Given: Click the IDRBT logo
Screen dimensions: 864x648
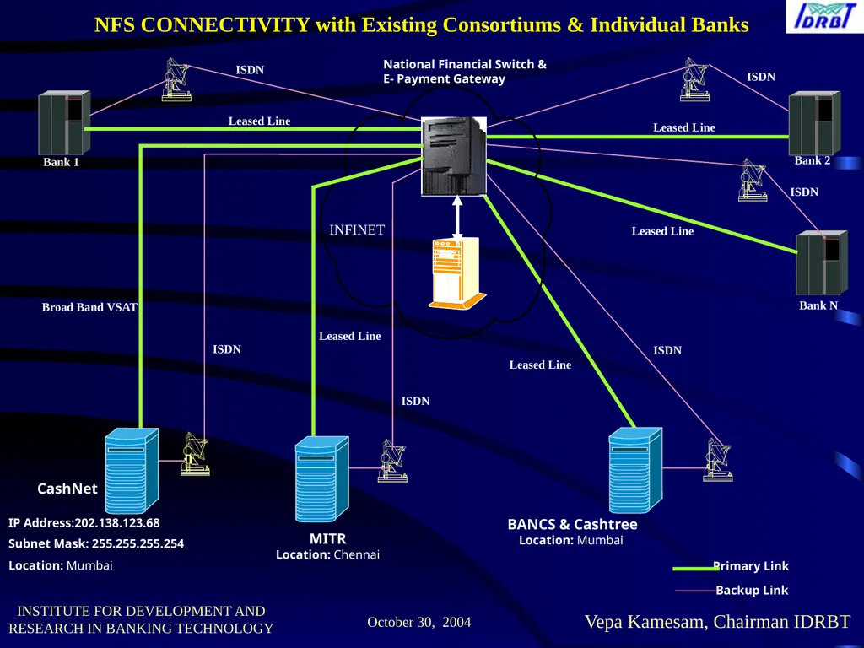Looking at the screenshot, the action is pyautogui.click(x=824, y=17).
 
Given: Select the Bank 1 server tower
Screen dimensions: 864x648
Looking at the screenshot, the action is pyautogui.click(x=64, y=123).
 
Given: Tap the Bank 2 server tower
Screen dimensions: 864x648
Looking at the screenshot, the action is pyautogui.click(x=814, y=123).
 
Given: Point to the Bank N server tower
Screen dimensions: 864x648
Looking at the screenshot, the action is pyautogui.click(x=822, y=263).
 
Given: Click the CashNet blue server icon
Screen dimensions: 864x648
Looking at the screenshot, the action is pyautogui.click(x=132, y=471).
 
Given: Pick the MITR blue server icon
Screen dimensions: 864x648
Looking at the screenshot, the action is pyautogui.click(x=321, y=479).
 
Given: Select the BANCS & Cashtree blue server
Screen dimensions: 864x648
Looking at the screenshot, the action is pyautogui.click(x=635, y=470).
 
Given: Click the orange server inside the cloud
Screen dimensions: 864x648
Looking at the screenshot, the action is pyautogui.click(x=457, y=273).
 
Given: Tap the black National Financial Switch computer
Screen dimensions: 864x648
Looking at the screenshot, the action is pyautogui.click(x=454, y=156).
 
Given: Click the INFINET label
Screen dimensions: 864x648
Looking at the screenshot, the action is pyautogui.click(x=357, y=229).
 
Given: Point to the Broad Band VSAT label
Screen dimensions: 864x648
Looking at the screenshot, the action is pyautogui.click(x=89, y=307).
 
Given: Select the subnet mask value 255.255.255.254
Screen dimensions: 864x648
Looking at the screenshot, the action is pyautogui.click(x=138, y=543).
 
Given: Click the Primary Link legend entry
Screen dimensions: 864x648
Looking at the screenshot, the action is pyautogui.click(x=732, y=566).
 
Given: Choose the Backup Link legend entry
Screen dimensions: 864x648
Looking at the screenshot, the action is pyautogui.click(x=732, y=590).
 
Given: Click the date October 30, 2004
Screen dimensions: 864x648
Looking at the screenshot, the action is pyautogui.click(x=419, y=622).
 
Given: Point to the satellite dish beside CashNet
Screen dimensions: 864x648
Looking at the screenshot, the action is pyautogui.click(x=195, y=454).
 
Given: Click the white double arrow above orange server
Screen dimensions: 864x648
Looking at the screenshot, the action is pyautogui.click(x=456, y=218).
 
